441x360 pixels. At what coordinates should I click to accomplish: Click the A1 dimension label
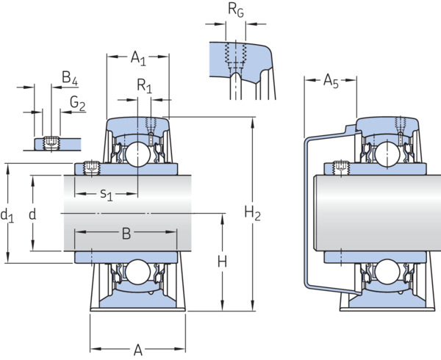pyautogui.click(x=138, y=59)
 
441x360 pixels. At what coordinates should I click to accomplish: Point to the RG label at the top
pyautogui.click(x=236, y=10)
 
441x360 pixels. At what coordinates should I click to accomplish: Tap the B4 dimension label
pyautogui.click(x=70, y=78)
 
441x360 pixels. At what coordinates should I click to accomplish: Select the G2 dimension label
pyautogui.click(x=77, y=103)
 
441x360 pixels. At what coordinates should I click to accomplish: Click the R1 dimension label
pyautogui.click(x=145, y=86)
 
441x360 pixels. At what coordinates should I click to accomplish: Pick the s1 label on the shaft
pyautogui.click(x=107, y=195)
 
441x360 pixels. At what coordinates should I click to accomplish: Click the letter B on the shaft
pyautogui.click(x=126, y=233)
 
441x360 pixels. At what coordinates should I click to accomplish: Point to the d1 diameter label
pyautogui.click(x=7, y=216)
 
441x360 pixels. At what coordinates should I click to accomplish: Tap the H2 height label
pyautogui.click(x=252, y=213)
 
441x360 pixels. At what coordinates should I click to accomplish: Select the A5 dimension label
pyautogui.click(x=331, y=81)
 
